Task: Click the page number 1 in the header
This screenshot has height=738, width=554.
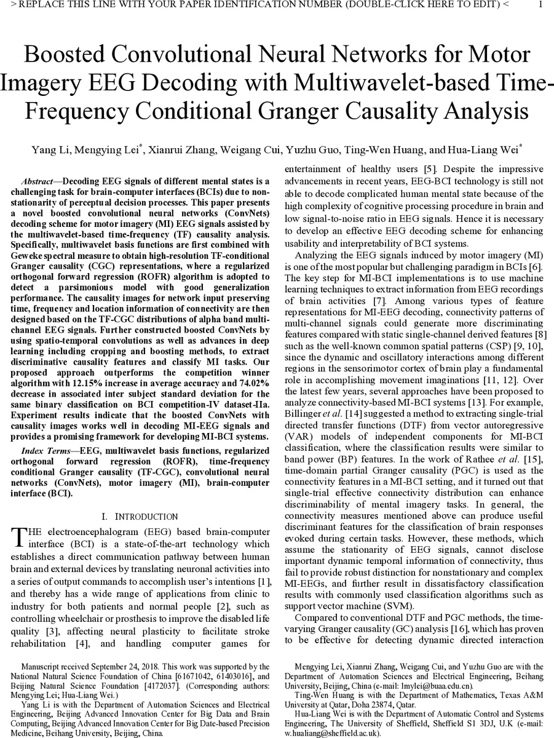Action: pyautogui.click(x=540, y=6)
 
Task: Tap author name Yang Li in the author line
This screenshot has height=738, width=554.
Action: pyautogui.click(x=48, y=150)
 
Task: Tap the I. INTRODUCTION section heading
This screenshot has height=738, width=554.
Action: pyautogui.click(x=140, y=517)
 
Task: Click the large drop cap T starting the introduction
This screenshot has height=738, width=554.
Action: pyautogui.click(x=18, y=537)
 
